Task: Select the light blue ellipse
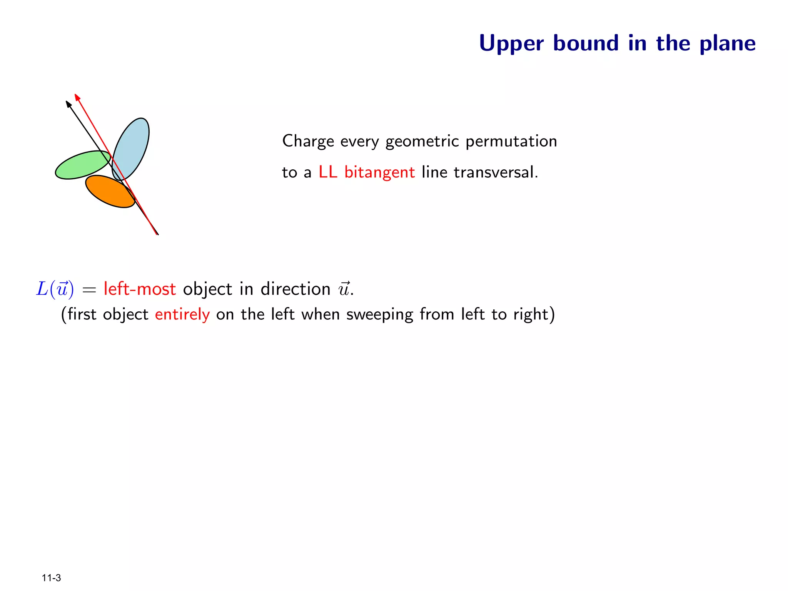[x=133, y=144]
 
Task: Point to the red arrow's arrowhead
[x=77, y=97]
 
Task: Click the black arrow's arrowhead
[x=68, y=104]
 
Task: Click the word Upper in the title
[x=511, y=43]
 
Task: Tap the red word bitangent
[x=379, y=172]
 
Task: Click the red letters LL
[x=328, y=172]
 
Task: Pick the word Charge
[x=308, y=142]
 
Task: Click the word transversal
[x=496, y=172]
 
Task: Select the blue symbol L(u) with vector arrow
[x=55, y=289]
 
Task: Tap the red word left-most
[x=140, y=289]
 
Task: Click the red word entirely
[x=182, y=315]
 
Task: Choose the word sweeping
[x=379, y=315]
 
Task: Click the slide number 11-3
[x=51, y=578]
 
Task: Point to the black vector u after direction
[x=344, y=289]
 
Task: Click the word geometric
[x=422, y=142]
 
